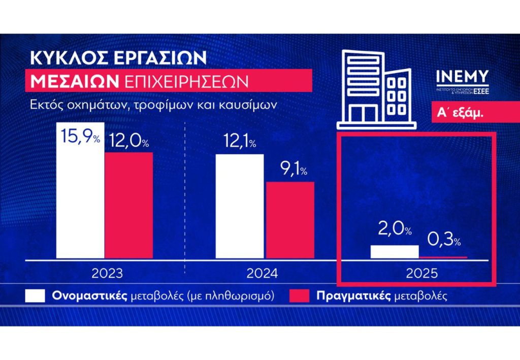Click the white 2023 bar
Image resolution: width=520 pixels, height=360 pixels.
click(x=80, y=203)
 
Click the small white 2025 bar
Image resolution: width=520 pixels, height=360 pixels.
click(x=395, y=252)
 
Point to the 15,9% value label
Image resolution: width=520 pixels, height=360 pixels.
click(x=80, y=137)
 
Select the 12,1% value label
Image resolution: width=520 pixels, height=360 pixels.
click(x=239, y=144)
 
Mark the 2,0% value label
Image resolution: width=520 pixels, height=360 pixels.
click(x=394, y=230)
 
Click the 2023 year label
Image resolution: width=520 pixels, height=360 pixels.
click(x=107, y=274)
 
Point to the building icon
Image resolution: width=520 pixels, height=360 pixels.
click(x=376, y=87)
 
